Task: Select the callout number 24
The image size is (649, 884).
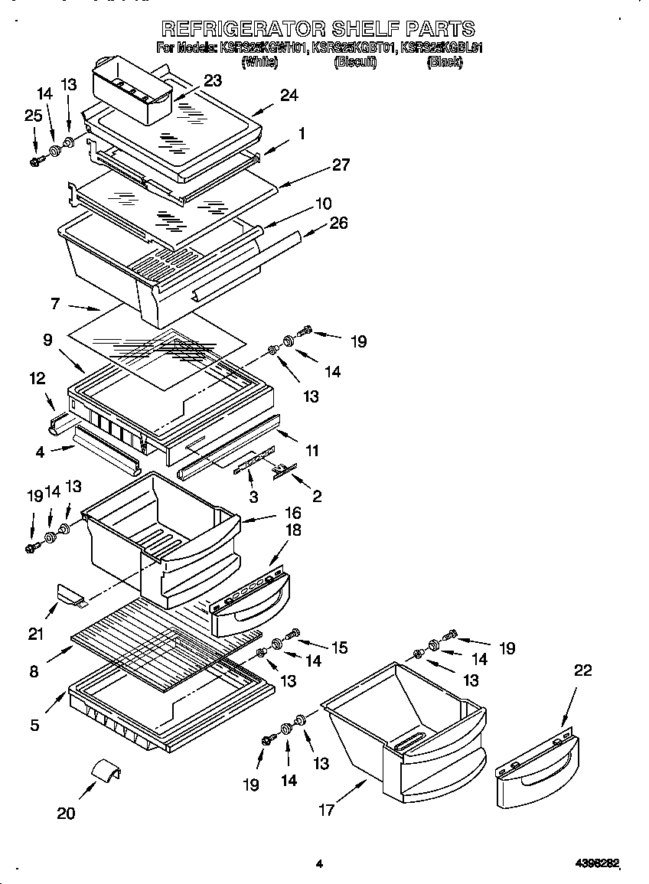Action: click(289, 96)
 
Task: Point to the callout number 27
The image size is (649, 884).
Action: click(341, 165)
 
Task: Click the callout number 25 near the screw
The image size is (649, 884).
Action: click(32, 116)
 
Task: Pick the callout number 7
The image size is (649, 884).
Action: click(55, 305)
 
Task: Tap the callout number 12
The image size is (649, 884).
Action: click(38, 378)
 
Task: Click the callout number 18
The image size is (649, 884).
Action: click(293, 530)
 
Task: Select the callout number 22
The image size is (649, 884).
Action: click(582, 670)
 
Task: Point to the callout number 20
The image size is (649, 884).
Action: click(66, 813)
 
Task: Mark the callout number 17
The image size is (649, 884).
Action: click(327, 810)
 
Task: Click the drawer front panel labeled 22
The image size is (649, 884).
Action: click(533, 777)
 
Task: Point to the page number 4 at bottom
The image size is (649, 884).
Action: click(319, 864)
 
